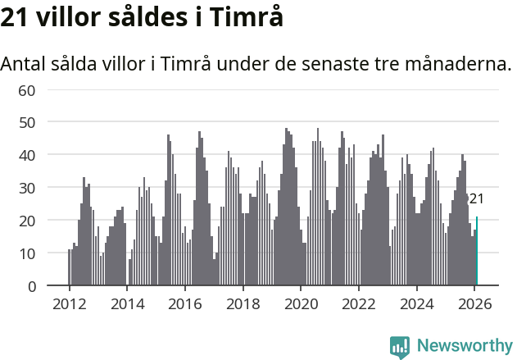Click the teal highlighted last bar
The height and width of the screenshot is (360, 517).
[477, 252]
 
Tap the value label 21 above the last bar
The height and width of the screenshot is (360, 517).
[476, 198]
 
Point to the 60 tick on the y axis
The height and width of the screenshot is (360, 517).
[27, 89]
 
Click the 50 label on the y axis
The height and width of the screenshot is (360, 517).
[27, 122]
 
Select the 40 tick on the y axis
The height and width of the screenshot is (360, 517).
[27, 155]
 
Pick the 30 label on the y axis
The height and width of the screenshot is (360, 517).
[27, 188]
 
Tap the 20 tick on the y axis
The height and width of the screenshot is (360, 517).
[27, 221]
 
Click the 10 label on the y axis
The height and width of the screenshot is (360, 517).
[27, 253]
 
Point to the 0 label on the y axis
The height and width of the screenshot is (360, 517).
[31, 286]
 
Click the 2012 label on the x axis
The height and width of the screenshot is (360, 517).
[69, 303]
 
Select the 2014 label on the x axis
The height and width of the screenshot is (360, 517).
[127, 303]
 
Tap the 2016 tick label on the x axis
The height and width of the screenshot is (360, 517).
[184, 303]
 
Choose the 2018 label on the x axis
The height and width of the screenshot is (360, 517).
[243, 303]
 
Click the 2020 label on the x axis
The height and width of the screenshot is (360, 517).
[301, 303]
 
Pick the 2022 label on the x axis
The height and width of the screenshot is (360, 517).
[358, 303]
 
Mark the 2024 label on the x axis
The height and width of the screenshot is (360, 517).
[416, 303]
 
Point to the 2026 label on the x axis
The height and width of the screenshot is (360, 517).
[474, 303]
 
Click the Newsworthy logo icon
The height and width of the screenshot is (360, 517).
[400, 347]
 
